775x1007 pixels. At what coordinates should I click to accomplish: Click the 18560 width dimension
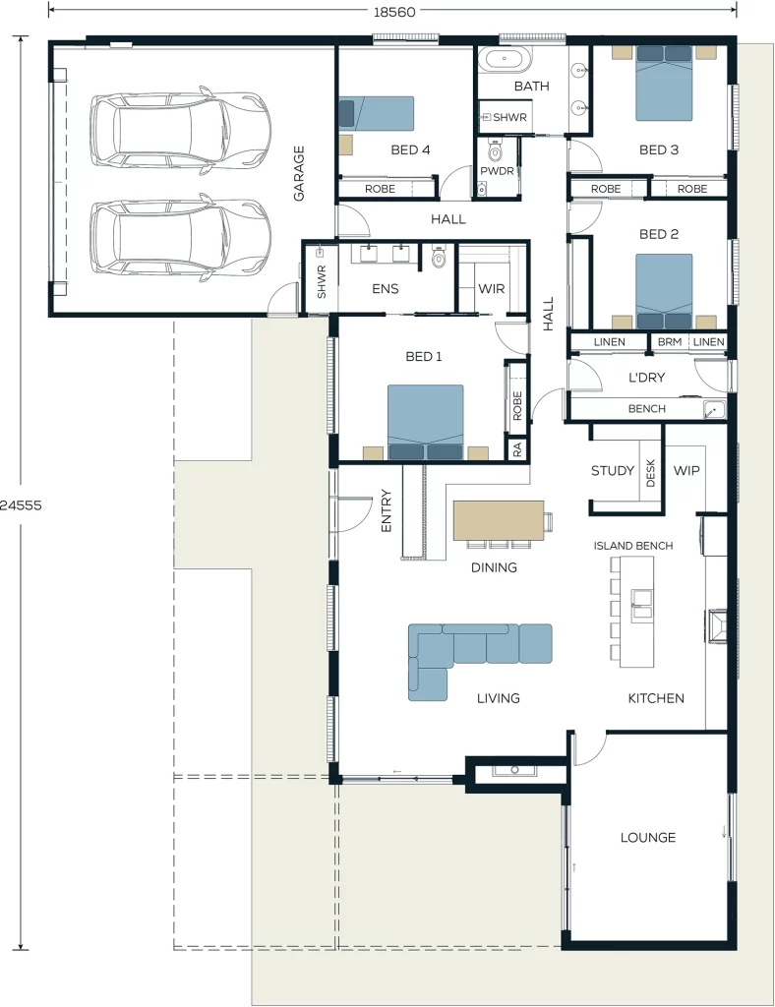click(394, 12)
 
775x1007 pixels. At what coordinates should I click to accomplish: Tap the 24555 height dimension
click(21, 505)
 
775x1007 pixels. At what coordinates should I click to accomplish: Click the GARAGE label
click(299, 173)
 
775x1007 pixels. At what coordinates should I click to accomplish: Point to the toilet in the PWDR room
click(495, 150)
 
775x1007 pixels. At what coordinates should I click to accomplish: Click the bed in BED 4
click(377, 114)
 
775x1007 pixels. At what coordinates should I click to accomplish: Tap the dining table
click(499, 520)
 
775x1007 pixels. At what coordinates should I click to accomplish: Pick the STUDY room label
click(613, 471)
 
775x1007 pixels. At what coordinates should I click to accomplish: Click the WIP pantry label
click(686, 471)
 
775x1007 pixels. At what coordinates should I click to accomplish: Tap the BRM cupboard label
click(670, 342)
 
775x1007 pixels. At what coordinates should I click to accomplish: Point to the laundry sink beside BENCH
click(713, 410)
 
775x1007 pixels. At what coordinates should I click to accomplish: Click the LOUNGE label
click(648, 838)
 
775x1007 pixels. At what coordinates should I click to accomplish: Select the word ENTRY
click(386, 511)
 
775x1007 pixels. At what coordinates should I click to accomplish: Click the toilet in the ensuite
click(439, 257)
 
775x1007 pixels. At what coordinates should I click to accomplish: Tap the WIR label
click(492, 289)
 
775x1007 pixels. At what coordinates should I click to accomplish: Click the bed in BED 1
click(425, 423)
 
